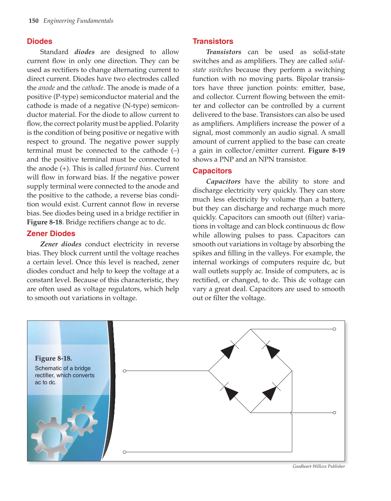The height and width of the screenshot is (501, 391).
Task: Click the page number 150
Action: click(33, 21)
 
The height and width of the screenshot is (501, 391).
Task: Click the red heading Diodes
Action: click(40, 41)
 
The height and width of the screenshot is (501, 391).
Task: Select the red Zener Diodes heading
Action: click(51, 233)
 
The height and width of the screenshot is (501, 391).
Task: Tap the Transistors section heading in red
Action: click(213, 41)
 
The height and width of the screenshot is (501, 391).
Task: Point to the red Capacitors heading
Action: click(212, 171)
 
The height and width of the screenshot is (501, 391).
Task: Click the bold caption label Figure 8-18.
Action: click(53, 358)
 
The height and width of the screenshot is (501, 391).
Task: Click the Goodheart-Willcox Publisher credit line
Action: click(318, 466)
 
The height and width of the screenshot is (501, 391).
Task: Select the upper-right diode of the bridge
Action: click(272, 351)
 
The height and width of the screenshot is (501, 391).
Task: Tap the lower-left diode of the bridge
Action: click(231, 393)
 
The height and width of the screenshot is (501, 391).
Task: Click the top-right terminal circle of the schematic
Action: click(334, 329)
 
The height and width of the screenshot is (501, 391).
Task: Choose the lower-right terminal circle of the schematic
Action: click(334, 413)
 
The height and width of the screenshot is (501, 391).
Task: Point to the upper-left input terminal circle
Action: click(124, 371)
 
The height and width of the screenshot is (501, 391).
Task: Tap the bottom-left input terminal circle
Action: click(124, 452)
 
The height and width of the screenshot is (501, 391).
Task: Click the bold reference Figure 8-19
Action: click(326, 150)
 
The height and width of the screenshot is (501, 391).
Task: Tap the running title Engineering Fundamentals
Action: click(78, 21)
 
